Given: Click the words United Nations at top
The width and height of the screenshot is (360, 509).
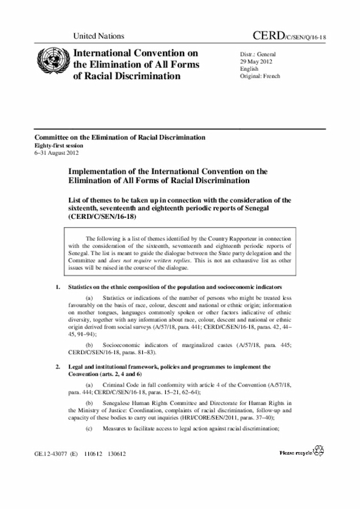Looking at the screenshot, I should (99, 37).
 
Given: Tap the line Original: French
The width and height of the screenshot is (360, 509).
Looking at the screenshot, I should (260, 76).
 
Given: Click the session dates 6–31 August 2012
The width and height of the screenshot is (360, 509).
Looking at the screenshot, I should (57, 152).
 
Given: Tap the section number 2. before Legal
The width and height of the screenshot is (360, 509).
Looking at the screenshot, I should (58, 366).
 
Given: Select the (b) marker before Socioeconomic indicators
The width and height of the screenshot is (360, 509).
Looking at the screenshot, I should (89, 343).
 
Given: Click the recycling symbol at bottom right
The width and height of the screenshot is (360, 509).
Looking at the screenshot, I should (320, 451).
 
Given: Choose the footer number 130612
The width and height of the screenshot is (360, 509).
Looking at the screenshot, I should (117, 452).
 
